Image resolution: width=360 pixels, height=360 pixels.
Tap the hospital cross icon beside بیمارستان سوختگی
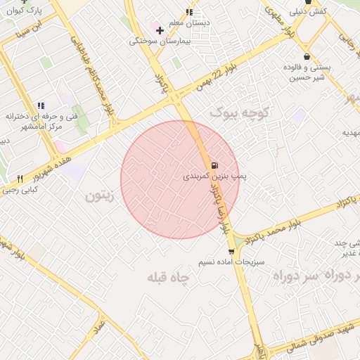point(160,30)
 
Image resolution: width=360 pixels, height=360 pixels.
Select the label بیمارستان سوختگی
point(155,41)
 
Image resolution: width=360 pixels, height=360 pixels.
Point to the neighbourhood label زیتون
point(98,196)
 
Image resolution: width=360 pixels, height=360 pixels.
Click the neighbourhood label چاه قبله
point(169,278)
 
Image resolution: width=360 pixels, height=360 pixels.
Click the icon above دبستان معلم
point(189,12)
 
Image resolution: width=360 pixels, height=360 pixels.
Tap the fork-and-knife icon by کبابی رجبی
point(20,179)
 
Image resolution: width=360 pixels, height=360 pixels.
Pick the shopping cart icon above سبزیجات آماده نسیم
point(231,251)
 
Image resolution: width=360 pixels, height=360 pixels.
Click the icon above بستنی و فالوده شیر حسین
point(307,56)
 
